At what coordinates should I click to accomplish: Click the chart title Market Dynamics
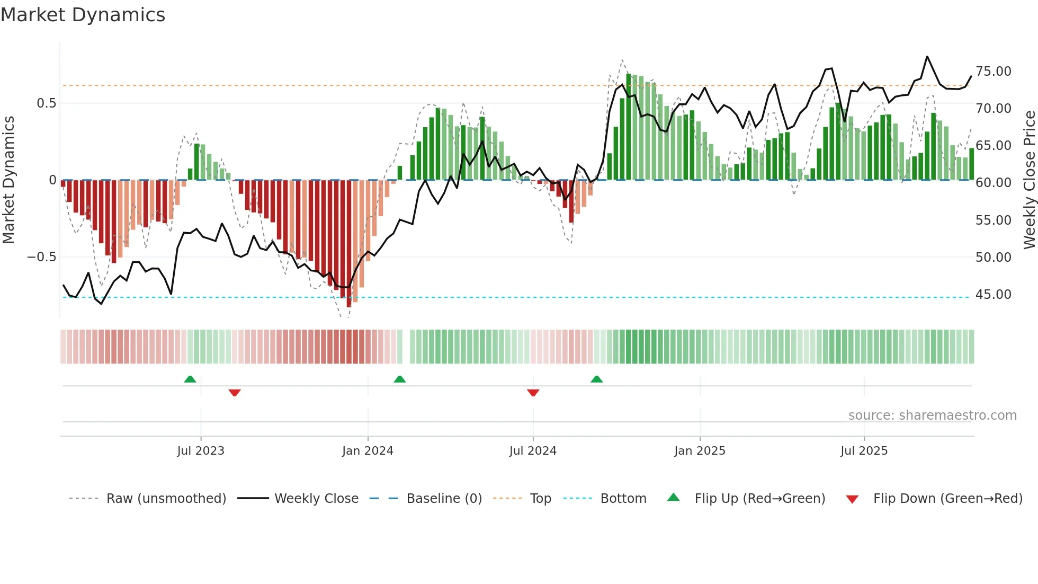tap(83, 15)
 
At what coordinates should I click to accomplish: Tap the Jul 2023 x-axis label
tap(201, 451)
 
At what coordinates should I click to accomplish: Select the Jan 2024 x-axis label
tap(368, 451)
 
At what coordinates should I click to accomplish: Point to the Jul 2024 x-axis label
tap(533, 451)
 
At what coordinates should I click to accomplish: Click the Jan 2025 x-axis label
tap(700, 451)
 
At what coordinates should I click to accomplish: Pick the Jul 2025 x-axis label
tap(864, 451)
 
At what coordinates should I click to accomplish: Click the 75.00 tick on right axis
tap(993, 72)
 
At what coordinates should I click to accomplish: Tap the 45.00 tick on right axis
tap(993, 295)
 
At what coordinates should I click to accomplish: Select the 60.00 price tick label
tap(993, 183)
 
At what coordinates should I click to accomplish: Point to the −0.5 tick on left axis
tap(41, 257)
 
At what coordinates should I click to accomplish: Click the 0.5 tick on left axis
tap(46, 103)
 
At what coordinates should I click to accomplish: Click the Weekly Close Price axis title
tap(1029, 180)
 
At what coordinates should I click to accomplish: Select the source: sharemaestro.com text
tap(932, 415)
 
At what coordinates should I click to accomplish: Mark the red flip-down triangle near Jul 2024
tap(533, 392)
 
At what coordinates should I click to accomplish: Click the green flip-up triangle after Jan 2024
tap(400, 379)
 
